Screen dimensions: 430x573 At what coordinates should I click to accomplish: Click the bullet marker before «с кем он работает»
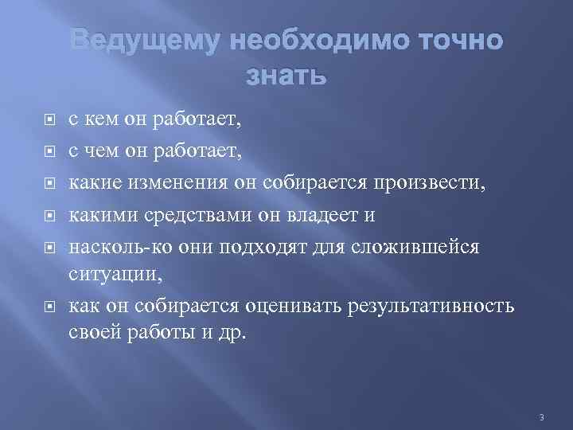pos(49,120)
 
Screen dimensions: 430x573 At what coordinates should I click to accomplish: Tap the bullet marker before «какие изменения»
pos(49,183)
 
